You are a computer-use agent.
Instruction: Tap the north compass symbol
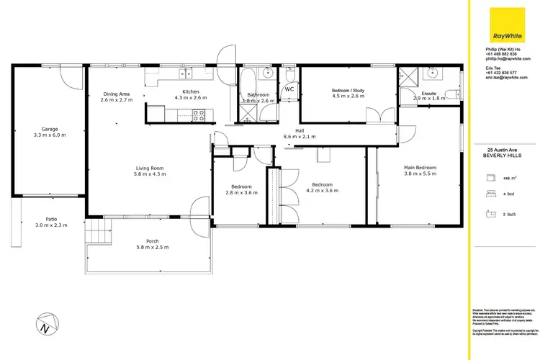(x=45, y=323)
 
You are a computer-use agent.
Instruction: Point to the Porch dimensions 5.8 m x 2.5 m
(x=147, y=247)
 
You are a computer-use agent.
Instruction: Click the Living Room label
(x=150, y=168)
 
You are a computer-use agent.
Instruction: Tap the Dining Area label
(x=116, y=94)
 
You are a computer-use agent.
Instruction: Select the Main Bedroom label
(x=420, y=167)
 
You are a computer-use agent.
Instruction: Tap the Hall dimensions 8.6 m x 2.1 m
(x=300, y=136)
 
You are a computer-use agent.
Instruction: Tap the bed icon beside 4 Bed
(x=492, y=194)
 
